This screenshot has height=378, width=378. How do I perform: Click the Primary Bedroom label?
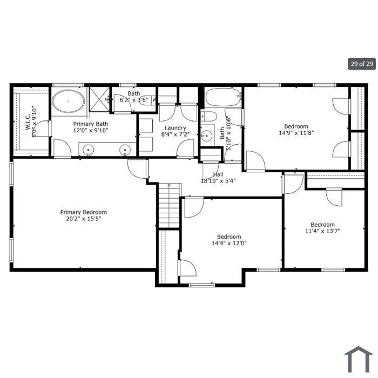coord(83,212)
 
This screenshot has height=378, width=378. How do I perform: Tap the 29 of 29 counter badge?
coord(362,64)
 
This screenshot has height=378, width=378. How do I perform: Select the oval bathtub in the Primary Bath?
coord(69,102)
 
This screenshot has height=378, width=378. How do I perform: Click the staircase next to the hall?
coord(169,205)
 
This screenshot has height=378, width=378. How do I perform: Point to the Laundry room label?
coord(175,128)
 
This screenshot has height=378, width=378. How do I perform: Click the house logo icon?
coord(359,359)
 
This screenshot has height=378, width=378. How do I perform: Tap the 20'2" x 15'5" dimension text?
coord(83,219)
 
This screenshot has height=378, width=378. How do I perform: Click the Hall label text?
coord(218,174)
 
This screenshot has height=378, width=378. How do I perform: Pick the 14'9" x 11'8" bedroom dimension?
coord(296,133)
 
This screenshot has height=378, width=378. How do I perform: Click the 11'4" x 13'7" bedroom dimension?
coord(322,231)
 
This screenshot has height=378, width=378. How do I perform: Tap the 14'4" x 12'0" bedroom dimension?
coord(229,243)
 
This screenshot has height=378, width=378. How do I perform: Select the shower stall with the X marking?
coord(99,99)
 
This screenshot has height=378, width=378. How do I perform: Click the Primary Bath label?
coord(91,124)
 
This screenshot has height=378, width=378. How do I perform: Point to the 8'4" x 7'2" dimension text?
coord(175,134)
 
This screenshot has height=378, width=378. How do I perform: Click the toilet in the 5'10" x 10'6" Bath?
coord(209,117)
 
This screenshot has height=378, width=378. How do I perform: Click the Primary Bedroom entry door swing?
coord(138,168)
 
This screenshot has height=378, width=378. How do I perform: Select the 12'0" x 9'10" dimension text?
coord(91,131)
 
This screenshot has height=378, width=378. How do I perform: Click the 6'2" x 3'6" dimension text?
coord(134,99)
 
